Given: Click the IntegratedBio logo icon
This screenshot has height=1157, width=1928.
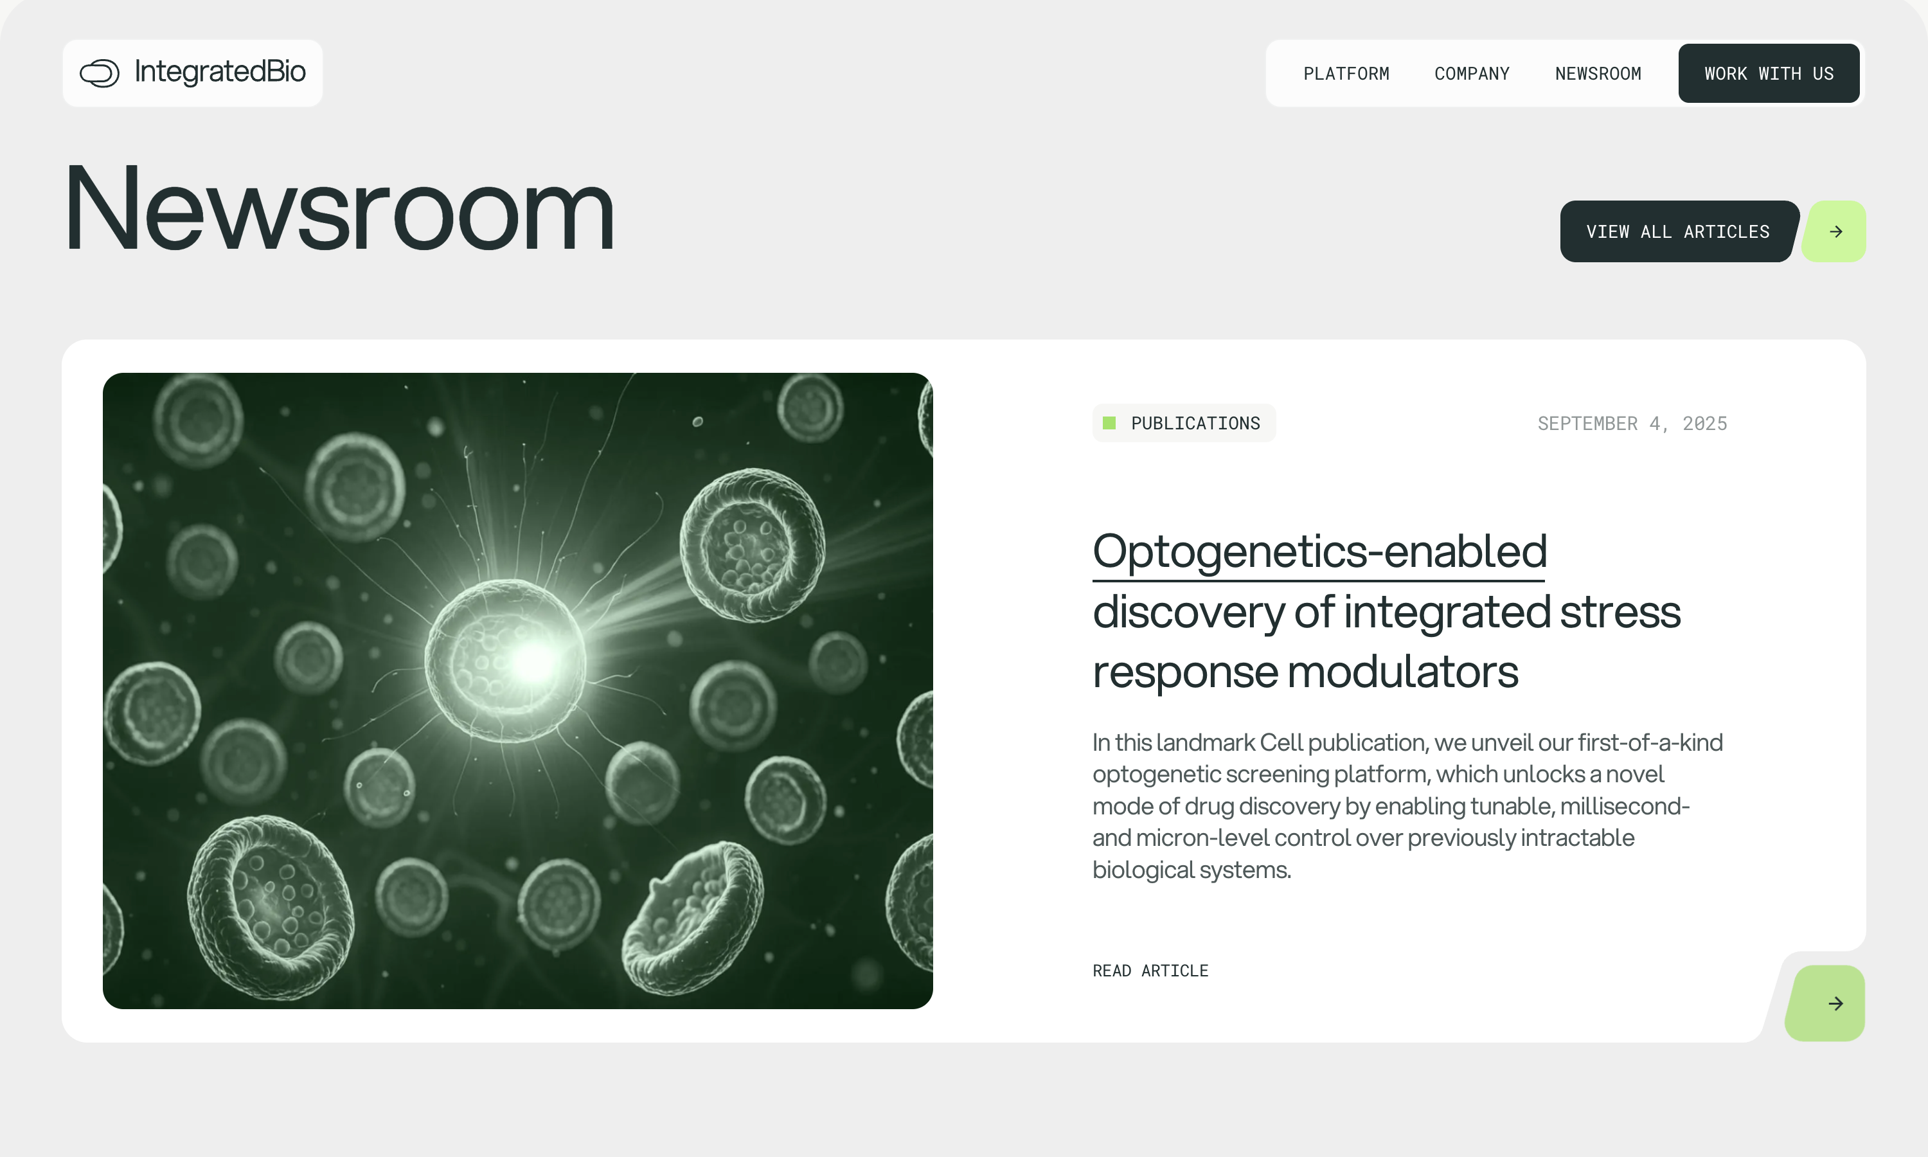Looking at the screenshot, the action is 99,73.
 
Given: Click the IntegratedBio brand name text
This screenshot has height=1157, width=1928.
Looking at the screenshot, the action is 220,72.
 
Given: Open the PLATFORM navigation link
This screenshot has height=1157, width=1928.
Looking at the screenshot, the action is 1346,73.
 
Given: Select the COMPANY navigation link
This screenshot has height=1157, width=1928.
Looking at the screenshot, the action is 1471,73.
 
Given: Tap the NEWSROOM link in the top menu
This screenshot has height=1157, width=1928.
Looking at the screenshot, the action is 1598,73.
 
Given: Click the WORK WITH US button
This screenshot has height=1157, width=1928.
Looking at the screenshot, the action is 1768,73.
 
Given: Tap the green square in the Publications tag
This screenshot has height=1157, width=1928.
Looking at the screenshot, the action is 1109,424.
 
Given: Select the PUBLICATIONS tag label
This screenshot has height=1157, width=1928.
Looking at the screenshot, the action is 1195,424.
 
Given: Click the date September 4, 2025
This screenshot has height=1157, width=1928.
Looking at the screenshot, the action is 1632,424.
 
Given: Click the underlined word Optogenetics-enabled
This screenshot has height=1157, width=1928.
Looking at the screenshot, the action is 1319,552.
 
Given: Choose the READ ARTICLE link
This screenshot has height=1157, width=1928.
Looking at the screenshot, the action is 1150,971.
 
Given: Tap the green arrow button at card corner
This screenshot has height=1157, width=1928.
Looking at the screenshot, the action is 1825,1003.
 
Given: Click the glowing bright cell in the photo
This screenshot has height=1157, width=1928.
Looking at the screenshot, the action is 507,659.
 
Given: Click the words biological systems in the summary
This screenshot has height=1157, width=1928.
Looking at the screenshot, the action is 1192,869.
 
